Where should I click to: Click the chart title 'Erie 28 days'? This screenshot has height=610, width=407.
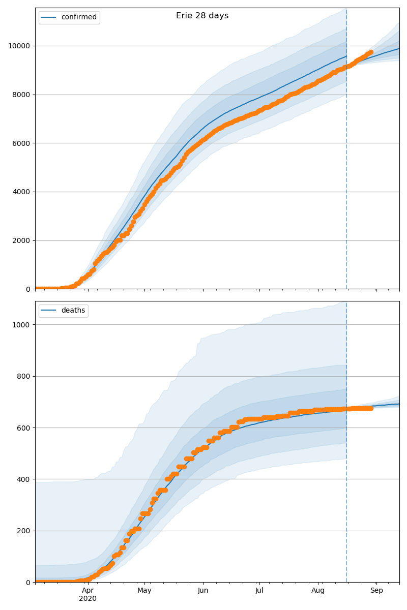(x=202, y=16)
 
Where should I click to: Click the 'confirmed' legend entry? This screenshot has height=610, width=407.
(x=78, y=17)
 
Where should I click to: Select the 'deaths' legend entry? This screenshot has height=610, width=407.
(x=73, y=311)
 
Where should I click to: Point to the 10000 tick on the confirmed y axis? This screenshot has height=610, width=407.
(x=21, y=46)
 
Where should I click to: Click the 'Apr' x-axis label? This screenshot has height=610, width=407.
(x=88, y=591)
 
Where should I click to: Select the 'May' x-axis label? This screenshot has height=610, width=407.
(x=144, y=591)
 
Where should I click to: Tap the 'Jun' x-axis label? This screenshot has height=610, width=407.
(x=202, y=591)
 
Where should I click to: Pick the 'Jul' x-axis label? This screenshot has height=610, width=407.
(x=259, y=591)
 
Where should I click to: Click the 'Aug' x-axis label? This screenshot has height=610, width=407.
(x=318, y=591)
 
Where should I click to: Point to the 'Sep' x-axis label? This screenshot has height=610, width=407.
(x=376, y=591)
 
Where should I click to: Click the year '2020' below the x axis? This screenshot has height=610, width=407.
(x=88, y=598)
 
